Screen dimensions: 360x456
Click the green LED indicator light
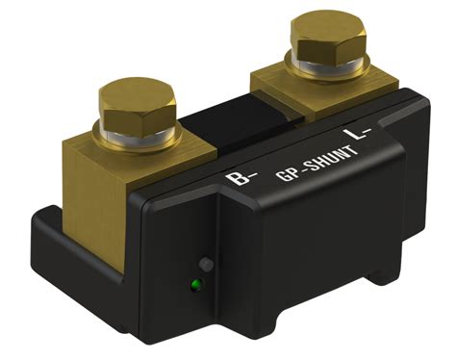pyautogui.click(x=195, y=285)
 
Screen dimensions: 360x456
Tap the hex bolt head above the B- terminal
pyautogui.click(x=138, y=108)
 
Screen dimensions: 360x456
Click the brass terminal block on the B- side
pyautogui.click(x=106, y=193)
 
